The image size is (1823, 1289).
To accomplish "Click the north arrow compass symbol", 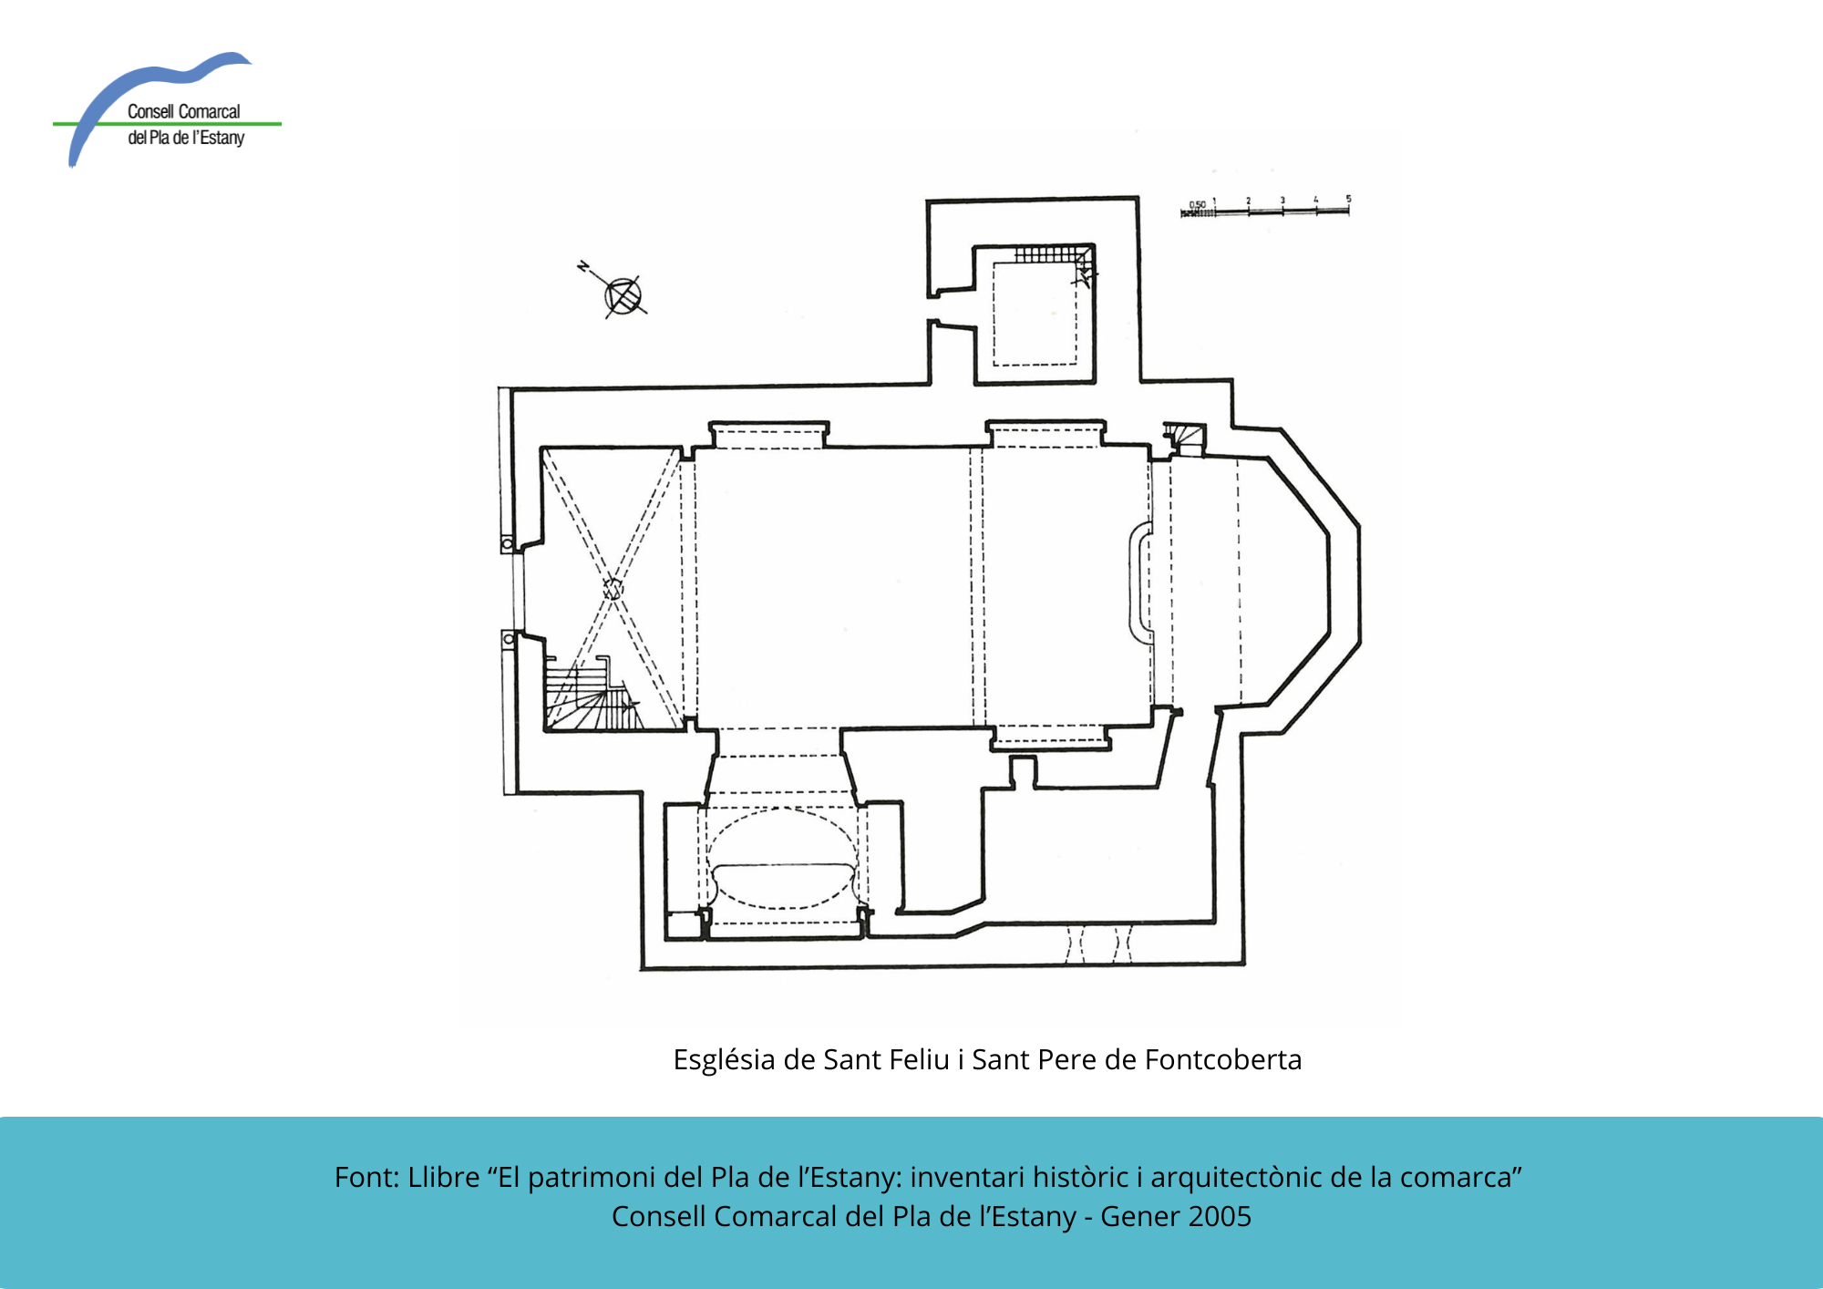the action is tap(623, 296).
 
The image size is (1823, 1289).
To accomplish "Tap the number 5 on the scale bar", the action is tap(1348, 198).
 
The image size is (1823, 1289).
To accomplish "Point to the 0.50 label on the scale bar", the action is tap(1197, 204).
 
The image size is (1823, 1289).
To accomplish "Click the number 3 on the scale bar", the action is tap(1282, 200).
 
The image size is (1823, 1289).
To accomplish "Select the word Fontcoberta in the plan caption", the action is tap(1223, 1059).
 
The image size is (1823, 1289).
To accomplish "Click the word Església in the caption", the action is tap(725, 1060).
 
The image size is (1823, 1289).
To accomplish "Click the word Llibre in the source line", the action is tap(444, 1177).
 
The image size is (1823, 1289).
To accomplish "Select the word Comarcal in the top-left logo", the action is tap(210, 111).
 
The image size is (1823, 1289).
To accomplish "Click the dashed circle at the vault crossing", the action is tap(613, 588).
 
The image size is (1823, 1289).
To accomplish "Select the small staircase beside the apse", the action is tap(1185, 438).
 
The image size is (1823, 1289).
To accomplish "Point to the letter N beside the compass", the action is tap(582, 266).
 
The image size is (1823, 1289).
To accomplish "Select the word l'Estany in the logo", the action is tap(218, 138).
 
